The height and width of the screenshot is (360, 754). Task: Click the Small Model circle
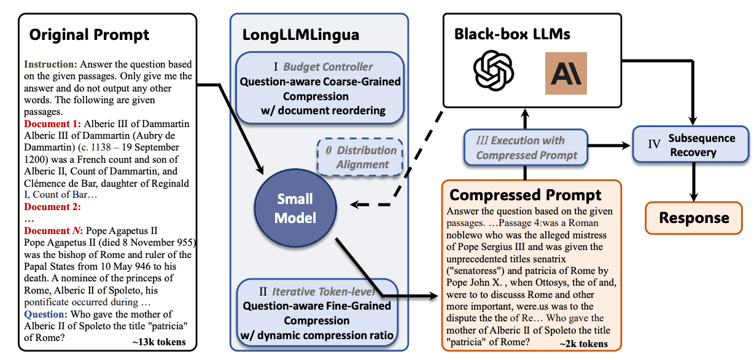pos(295,208)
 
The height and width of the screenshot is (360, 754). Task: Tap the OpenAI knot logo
pos(493,71)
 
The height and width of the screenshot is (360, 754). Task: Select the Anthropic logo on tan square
pos(566,73)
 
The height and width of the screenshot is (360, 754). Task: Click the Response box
pos(693,218)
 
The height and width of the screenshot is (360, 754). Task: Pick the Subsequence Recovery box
pos(690,144)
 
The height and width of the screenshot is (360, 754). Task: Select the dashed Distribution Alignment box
pos(360,157)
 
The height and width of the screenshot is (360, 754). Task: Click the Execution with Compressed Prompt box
pos(526,147)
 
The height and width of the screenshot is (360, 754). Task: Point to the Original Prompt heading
pos(89,34)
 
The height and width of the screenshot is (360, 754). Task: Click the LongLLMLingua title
pos(301,35)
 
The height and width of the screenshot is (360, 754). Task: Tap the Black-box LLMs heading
pos(512,34)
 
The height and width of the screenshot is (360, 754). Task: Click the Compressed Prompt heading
pos(525,195)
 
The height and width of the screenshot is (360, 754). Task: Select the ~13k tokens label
pos(159,342)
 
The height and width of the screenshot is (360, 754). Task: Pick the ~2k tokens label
pos(584,343)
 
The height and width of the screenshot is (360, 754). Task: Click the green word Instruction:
pos(50,64)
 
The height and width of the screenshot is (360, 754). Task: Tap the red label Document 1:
pos(53,123)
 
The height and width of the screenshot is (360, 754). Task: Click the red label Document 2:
pos(53,206)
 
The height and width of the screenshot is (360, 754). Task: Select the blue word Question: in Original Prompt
pos(46,314)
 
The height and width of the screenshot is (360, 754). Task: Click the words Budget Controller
pos(328,67)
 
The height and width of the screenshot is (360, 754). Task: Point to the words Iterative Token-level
pos(324,291)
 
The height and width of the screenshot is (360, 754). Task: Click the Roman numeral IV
pos(654,144)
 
